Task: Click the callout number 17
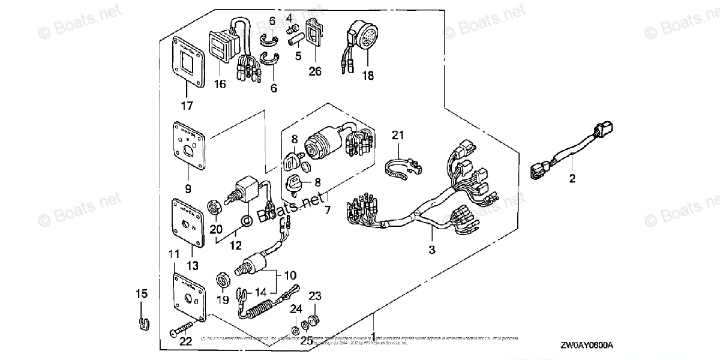coord(187,106)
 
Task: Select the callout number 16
coord(220,85)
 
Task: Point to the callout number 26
coord(314,71)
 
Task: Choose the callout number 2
coord(572,178)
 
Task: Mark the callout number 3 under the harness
coord(431,248)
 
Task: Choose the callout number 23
coord(315,296)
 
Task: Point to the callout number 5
coord(298,57)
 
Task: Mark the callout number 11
coord(173,255)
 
